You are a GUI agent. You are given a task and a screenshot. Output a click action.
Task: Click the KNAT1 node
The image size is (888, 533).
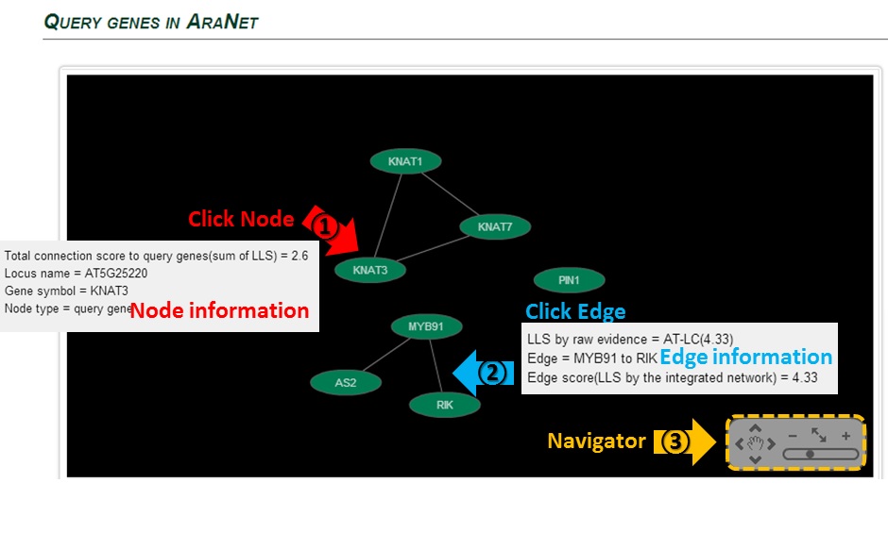click(406, 161)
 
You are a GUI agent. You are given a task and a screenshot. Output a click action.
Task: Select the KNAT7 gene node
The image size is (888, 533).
click(494, 226)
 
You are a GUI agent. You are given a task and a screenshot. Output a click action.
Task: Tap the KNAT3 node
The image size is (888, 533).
click(369, 270)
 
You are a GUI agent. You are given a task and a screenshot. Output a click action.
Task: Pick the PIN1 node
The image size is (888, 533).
click(569, 280)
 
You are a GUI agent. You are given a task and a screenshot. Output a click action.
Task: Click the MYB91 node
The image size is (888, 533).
click(426, 326)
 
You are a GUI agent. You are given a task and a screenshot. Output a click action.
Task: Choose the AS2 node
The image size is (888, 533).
click(345, 382)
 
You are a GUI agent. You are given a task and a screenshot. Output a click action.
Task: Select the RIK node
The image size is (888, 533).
click(445, 405)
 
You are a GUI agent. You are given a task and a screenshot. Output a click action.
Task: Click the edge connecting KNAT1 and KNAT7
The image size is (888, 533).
click(449, 192)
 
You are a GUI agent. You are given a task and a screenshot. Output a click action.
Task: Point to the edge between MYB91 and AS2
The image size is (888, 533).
click(384, 355)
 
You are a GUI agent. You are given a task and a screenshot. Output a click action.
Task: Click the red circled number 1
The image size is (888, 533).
click(324, 226)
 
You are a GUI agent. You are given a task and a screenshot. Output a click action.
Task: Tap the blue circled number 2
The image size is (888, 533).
click(491, 372)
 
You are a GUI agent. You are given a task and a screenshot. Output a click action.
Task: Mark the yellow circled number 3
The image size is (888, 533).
click(674, 441)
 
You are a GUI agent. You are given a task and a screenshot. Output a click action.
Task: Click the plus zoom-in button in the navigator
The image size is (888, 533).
click(846, 436)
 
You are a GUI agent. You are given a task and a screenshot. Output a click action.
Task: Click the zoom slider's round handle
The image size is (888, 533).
click(810, 454)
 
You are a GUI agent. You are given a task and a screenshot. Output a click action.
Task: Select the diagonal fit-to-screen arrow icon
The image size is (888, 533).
click(818, 435)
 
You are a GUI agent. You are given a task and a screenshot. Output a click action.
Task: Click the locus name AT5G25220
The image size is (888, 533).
click(116, 273)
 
